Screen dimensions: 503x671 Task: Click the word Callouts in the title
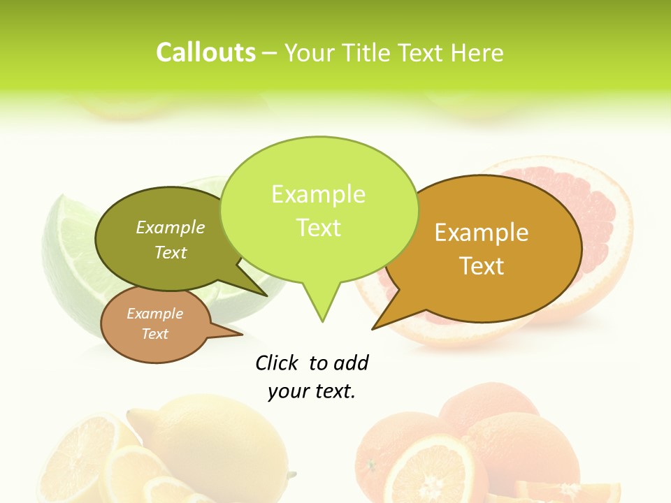(x=205, y=52)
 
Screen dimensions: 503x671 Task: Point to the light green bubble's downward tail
(x=322, y=307)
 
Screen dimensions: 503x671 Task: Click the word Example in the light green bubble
(x=318, y=194)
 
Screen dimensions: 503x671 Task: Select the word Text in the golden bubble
(x=482, y=265)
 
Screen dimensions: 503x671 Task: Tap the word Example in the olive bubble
(x=170, y=227)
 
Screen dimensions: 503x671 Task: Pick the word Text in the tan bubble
(x=154, y=334)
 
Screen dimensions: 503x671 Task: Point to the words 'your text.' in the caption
(x=312, y=391)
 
